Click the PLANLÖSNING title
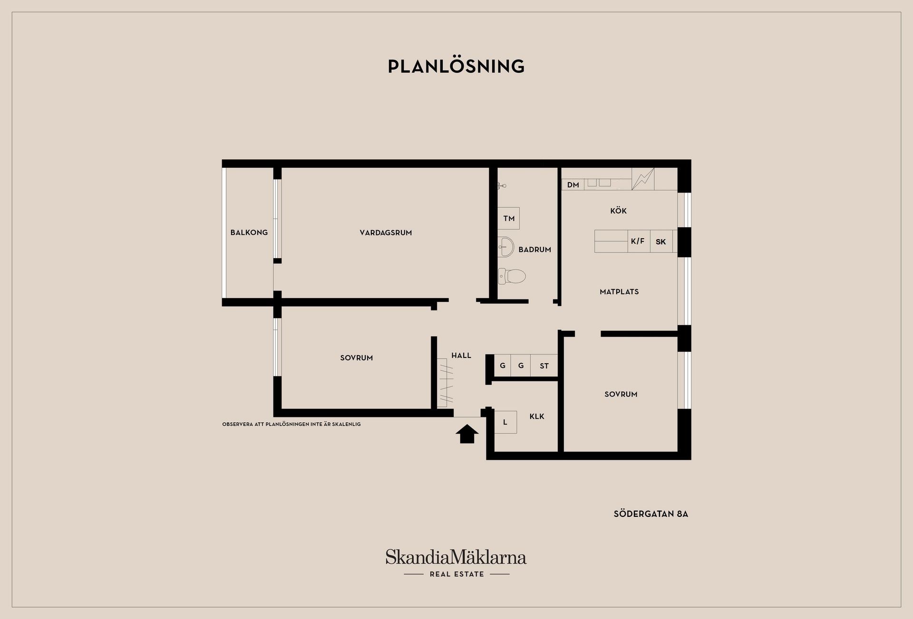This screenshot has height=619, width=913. (x=456, y=66)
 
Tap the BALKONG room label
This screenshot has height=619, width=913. (x=249, y=232)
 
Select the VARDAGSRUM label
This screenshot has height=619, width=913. (x=386, y=232)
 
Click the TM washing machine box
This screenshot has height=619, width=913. (x=508, y=218)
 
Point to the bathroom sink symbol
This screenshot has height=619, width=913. (x=506, y=247)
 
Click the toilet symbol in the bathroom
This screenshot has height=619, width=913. (x=512, y=276)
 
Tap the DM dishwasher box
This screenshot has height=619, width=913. (x=573, y=184)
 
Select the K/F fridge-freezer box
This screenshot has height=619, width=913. (x=638, y=241)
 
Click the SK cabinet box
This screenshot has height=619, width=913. (x=660, y=242)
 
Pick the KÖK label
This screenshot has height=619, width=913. (x=618, y=211)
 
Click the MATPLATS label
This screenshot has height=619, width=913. (x=619, y=291)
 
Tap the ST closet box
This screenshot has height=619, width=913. (x=544, y=366)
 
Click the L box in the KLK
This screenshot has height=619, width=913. (x=505, y=422)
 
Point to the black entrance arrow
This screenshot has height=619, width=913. (x=467, y=434)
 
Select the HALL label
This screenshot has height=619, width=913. (x=461, y=355)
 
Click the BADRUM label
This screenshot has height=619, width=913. (x=534, y=249)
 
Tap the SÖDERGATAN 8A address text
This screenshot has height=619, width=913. (x=651, y=514)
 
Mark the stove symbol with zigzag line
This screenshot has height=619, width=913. (x=642, y=179)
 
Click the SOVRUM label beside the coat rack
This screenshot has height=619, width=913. (x=356, y=358)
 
